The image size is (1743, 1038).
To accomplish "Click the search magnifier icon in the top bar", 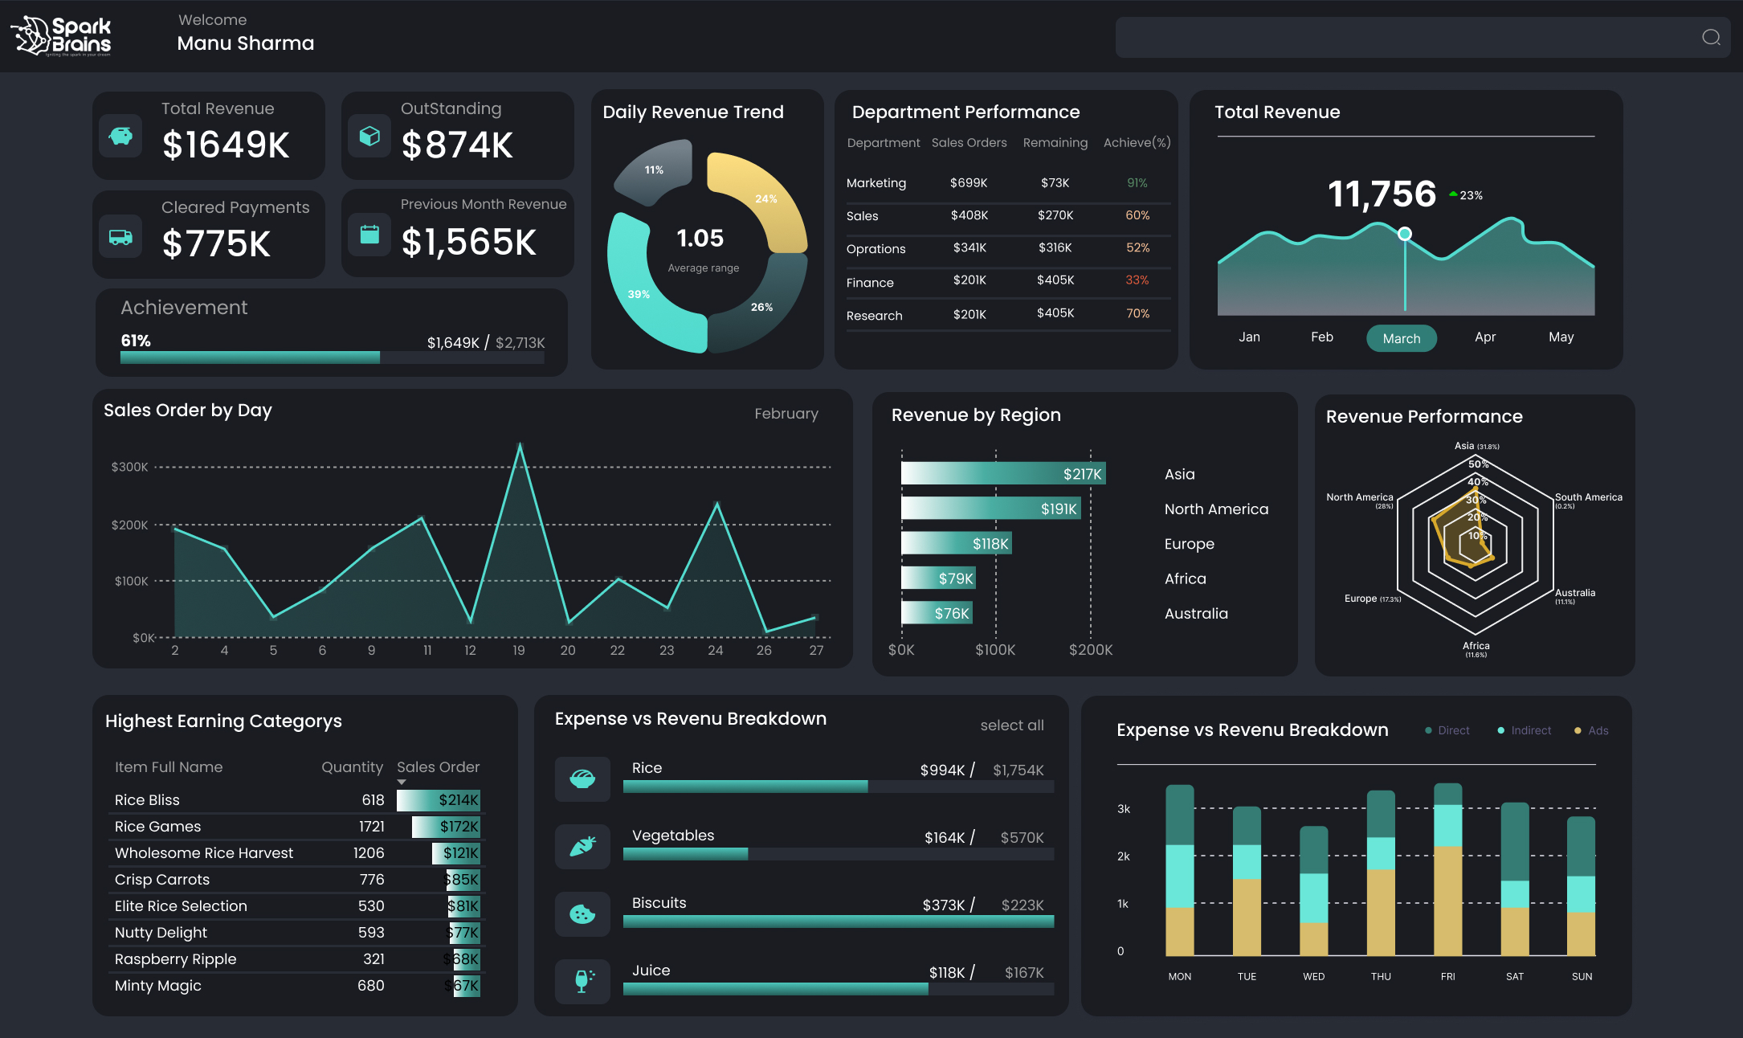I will coord(1711,37).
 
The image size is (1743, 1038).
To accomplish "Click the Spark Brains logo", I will coord(61,36).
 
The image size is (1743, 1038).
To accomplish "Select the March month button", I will coord(1401,338).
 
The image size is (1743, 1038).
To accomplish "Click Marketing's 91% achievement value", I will coord(1137,183).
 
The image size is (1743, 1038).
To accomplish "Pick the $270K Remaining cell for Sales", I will coord(1055,215).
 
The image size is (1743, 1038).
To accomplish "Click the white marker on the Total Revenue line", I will coord(1404,234).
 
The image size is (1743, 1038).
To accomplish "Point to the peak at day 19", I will coord(520,445).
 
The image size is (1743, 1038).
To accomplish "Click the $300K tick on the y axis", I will coord(129,467).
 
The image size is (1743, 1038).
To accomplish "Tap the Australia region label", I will coord(1195,614).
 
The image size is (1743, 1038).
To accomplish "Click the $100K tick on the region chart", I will coord(995,650).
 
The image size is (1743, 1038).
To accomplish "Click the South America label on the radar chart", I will coord(1588,498).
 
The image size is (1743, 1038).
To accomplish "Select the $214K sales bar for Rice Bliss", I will coord(439,800).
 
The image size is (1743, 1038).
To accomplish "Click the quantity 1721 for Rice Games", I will coord(371,827).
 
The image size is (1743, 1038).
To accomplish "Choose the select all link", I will coord(1011,725).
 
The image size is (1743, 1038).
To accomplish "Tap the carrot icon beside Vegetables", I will coord(582,846).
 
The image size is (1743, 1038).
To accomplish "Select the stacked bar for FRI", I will coord(1447,868).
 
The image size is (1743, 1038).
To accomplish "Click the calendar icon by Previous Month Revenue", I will coord(369,235).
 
